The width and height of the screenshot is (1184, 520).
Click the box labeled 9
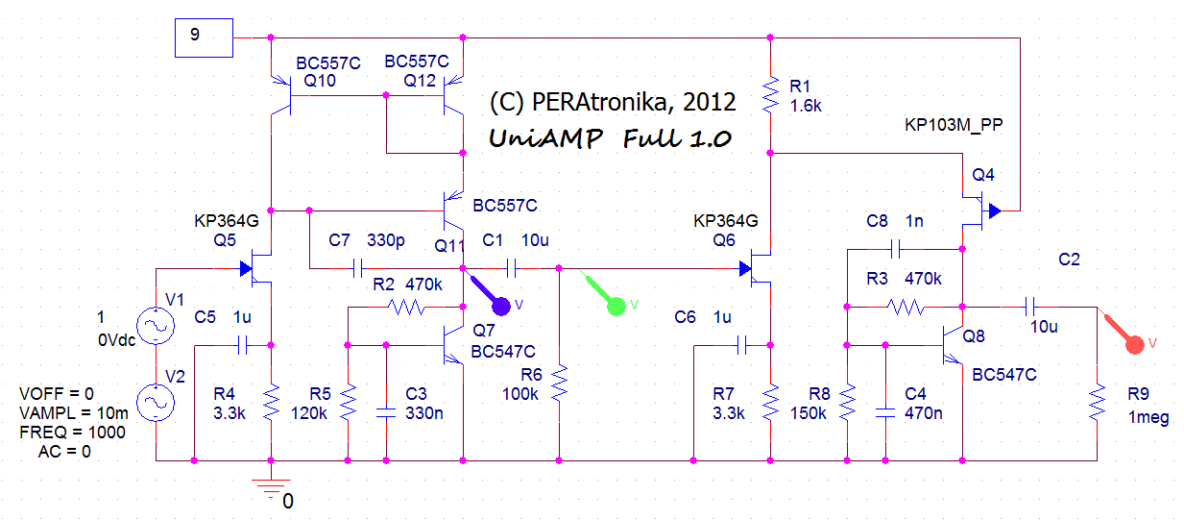[204, 37]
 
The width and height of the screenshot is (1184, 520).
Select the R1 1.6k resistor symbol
[770, 95]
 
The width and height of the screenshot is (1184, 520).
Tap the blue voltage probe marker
[499, 306]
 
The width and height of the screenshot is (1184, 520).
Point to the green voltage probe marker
[616, 305]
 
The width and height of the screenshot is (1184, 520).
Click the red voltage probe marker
[1134, 342]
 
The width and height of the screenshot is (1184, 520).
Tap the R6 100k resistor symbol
[559, 384]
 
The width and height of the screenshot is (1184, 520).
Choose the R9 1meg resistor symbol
[1097, 403]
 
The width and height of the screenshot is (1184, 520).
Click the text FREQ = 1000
[72, 432]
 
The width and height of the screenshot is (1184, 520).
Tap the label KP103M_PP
[954, 125]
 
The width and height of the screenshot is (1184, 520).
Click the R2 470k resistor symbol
[405, 307]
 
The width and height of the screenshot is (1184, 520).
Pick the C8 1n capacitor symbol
[895, 249]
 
